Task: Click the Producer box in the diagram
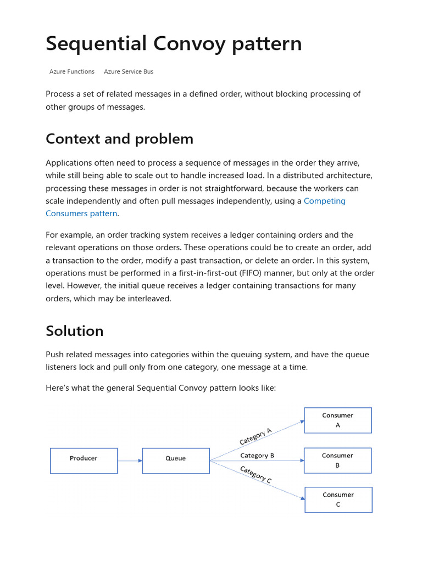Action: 84,460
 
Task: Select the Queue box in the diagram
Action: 175,460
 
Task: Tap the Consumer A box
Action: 338,420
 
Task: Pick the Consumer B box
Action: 338,460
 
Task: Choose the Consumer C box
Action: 338,499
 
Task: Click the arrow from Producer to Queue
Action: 130,460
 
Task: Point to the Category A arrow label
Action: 256,437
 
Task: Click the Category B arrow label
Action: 257,456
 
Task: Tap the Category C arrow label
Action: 256,474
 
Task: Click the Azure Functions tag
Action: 72,71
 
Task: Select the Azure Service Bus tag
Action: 129,71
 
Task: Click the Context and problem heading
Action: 119,139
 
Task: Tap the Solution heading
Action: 74,331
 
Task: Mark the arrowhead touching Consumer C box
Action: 302,498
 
